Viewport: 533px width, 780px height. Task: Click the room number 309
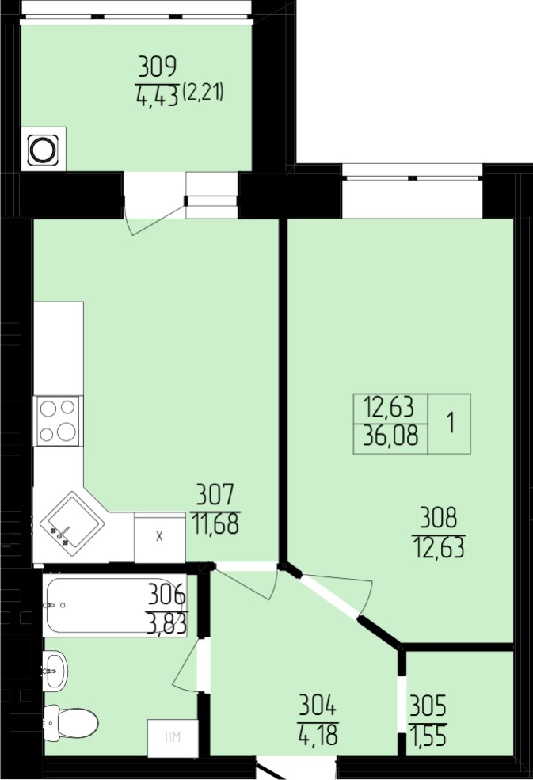(x=158, y=67)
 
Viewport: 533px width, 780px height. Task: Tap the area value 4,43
(x=157, y=96)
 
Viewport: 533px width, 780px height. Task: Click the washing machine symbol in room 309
(x=44, y=149)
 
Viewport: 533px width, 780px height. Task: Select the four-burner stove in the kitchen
(x=58, y=420)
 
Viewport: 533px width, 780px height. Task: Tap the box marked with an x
(x=160, y=538)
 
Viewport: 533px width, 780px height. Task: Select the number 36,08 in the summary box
(x=390, y=436)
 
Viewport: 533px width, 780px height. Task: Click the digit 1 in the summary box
(x=451, y=424)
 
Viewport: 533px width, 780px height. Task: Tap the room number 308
(x=439, y=518)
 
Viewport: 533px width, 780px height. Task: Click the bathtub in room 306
(x=115, y=605)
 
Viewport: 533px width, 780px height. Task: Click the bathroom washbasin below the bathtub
(x=55, y=671)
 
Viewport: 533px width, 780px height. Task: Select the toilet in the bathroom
(x=70, y=722)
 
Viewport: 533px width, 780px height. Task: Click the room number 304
(x=318, y=706)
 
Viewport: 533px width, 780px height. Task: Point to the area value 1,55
(x=428, y=735)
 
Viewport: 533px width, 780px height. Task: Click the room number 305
(x=428, y=706)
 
